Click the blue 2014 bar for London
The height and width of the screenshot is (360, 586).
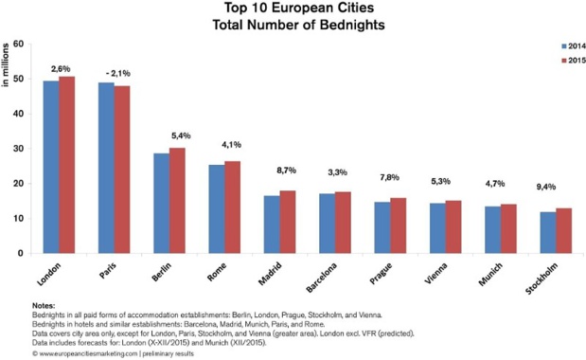tap(51, 167)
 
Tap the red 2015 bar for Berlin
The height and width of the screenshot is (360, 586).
tap(177, 201)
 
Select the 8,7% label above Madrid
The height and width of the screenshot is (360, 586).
tap(283, 171)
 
